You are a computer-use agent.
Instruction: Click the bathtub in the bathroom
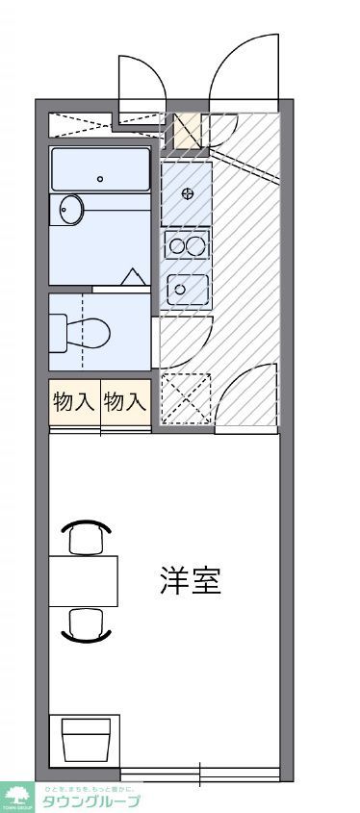click(x=101, y=169)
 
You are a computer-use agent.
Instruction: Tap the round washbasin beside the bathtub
click(x=70, y=209)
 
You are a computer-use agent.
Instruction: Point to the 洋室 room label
click(x=191, y=581)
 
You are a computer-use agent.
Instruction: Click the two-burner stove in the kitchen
click(x=187, y=245)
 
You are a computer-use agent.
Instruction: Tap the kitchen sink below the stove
click(x=187, y=288)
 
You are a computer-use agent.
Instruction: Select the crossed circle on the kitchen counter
click(x=187, y=193)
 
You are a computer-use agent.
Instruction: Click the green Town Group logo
click(x=16, y=796)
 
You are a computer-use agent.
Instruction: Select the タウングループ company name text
click(x=90, y=800)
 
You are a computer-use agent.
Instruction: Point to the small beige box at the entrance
click(x=186, y=130)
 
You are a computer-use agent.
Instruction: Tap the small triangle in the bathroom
click(x=131, y=277)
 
